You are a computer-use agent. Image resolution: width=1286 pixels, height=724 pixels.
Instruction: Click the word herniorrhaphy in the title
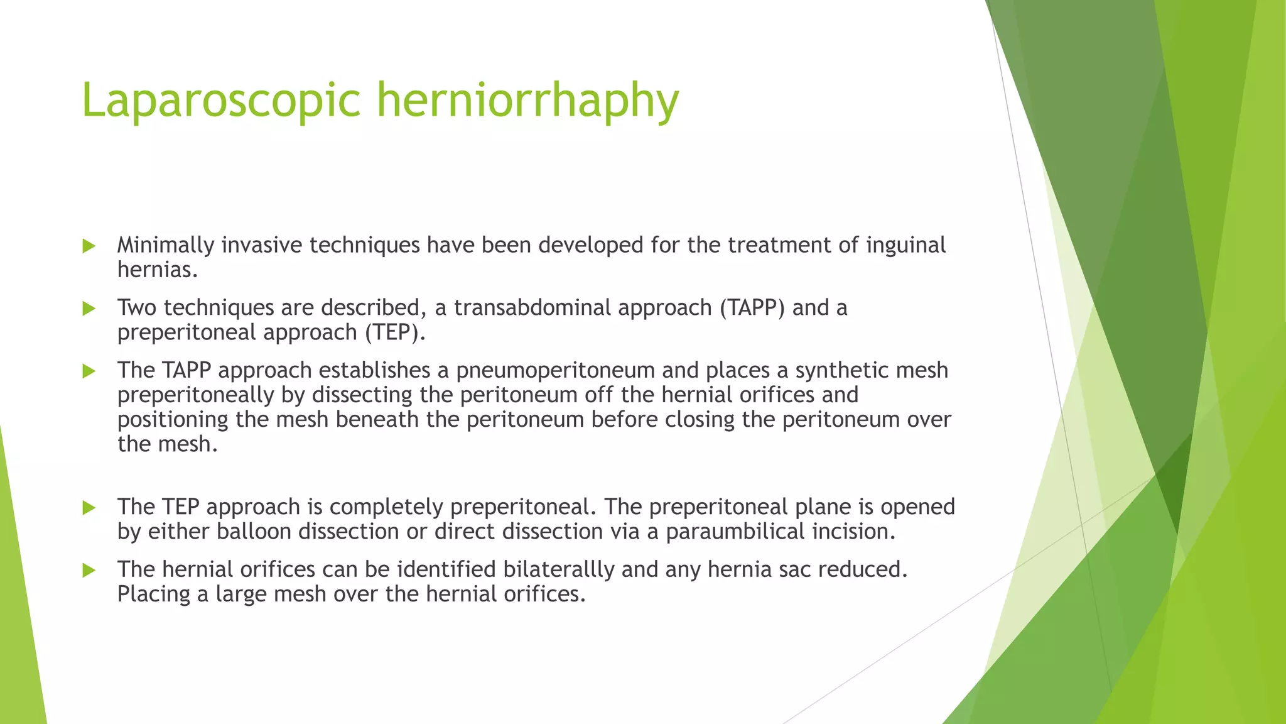pyautogui.click(x=527, y=101)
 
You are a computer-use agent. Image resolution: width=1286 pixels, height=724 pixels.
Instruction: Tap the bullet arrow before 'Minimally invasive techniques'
pyautogui.click(x=89, y=246)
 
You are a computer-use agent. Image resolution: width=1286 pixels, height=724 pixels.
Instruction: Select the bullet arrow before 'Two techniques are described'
pyautogui.click(x=89, y=309)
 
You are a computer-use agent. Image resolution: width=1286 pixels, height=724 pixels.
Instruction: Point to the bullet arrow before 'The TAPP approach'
pyautogui.click(x=89, y=371)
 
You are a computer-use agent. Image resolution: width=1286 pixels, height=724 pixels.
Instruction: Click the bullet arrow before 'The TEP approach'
pyautogui.click(x=89, y=508)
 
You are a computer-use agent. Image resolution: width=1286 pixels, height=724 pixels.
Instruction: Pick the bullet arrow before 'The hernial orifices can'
pyautogui.click(x=89, y=571)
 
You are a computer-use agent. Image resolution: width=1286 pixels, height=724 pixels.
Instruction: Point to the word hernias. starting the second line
pyautogui.click(x=158, y=270)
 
